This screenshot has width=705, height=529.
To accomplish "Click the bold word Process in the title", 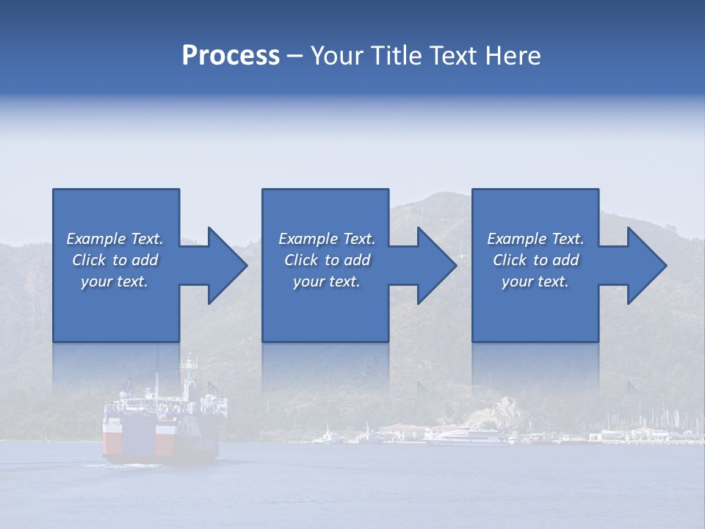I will (231, 56).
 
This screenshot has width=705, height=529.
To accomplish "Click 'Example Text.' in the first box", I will (115, 239).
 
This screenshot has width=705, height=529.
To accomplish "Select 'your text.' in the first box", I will (115, 281).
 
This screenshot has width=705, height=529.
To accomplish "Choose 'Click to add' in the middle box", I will (327, 260).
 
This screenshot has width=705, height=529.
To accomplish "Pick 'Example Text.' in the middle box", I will (327, 239).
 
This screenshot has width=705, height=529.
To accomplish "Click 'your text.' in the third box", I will (535, 281).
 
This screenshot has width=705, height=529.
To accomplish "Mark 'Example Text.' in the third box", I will (535, 239).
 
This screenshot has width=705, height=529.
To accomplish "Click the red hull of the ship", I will (117, 441).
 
